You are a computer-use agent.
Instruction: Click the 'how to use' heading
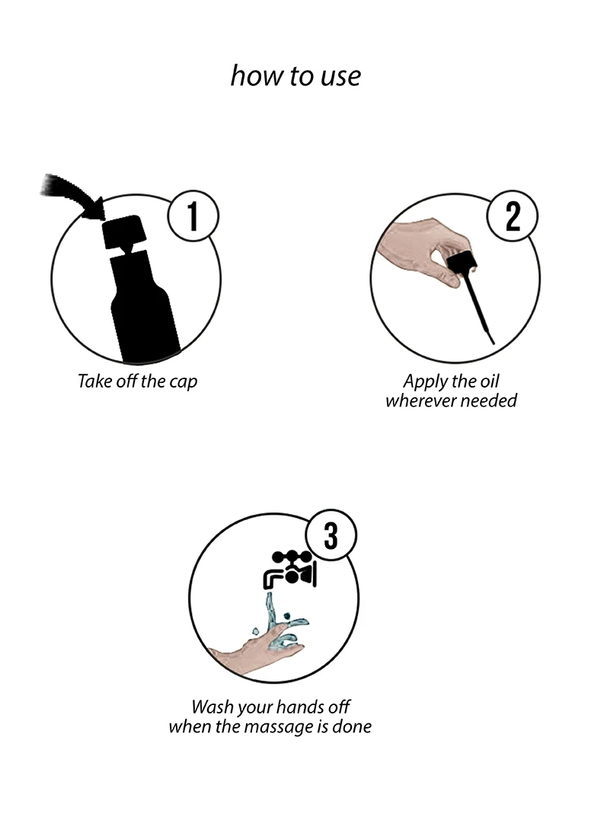click(295, 76)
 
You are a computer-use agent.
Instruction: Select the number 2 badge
click(513, 216)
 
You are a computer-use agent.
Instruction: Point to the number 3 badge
click(331, 534)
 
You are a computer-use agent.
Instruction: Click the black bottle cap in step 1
click(124, 231)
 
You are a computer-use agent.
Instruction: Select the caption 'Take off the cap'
click(138, 381)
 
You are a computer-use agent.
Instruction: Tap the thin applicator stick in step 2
click(480, 311)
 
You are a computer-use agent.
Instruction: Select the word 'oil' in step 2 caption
click(487, 381)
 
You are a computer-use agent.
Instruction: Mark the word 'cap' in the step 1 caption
click(184, 383)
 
